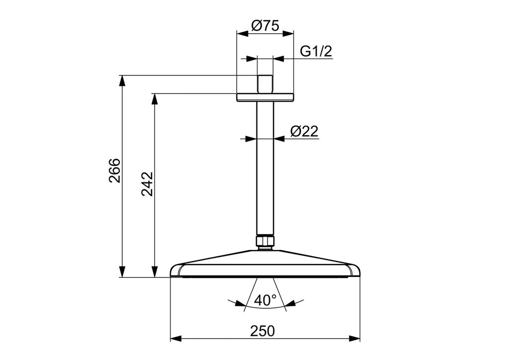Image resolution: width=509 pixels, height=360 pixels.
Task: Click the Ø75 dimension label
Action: coord(265,25)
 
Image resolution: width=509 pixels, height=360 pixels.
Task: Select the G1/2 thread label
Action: coord(316,51)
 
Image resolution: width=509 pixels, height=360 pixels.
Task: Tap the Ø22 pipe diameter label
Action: coord(304,131)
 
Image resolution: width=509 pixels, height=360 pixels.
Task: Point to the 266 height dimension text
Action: coord(114,171)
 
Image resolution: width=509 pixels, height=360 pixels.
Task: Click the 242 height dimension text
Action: coord(147,184)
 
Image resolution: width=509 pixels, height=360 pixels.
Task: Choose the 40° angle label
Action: coord(265,300)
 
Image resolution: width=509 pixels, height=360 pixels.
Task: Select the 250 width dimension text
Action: coord(262,331)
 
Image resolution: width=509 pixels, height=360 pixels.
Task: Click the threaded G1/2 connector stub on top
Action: coord(265,85)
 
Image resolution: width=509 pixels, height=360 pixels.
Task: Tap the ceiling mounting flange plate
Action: coord(265,97)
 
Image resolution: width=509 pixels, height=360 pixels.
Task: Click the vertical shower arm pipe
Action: coord(265,168)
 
